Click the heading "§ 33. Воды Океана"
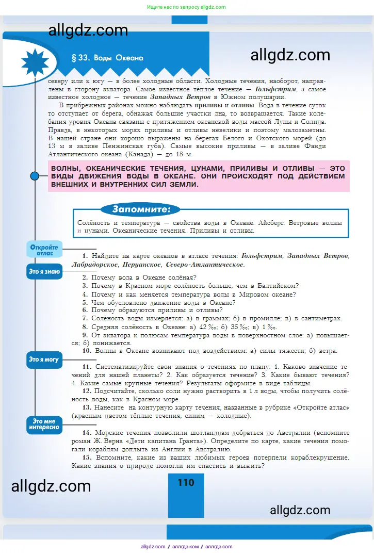pyautogui.click(x=107, y=58)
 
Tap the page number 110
pyautogui.click(x=186, y=483)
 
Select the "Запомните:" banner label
pyautogui.click(x=140, y=209)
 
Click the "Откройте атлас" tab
pyautogui.click(x=44, y=250)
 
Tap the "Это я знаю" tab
pyautogui.click(x=44, y=271)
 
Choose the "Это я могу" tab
pyautogui.click(x=44, y=360)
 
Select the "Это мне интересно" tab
pyautogui.click(x=44, y=424)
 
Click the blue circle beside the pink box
pyautogui.click(x=35, y=176)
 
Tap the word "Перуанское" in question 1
pyautogui.click(x=142, y=265)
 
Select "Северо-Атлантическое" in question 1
pyautogui.click(x=205, y=265)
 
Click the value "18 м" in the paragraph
pyautogui.click(x=183, y=154)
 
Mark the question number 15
pyautogui.click(x=86, y=458)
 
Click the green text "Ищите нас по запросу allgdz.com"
pyautogui.click(x=187, y=7)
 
